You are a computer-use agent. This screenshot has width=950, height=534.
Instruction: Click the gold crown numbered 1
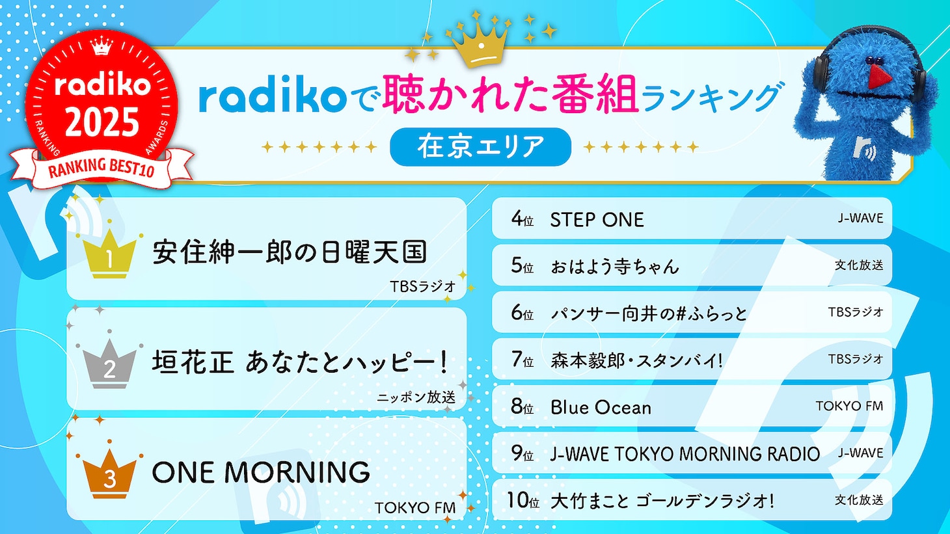109,256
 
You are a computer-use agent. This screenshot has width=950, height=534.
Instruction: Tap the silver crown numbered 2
109,366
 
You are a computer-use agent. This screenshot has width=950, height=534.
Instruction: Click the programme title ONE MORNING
261,472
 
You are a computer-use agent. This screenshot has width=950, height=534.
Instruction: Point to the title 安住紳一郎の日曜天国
290,252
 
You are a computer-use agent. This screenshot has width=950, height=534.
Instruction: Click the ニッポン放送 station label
416,397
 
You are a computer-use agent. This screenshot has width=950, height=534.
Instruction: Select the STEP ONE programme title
597,220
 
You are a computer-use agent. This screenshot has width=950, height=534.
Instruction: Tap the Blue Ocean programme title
601,407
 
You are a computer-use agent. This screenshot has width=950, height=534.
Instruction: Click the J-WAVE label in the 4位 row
860,219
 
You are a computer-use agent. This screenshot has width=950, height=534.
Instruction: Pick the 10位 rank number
522,500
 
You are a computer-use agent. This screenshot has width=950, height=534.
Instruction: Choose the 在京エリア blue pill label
480,147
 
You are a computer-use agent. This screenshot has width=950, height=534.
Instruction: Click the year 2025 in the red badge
102,122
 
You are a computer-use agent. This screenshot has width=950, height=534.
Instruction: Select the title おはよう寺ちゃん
614,267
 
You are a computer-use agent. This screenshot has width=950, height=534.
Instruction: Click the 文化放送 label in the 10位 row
859,500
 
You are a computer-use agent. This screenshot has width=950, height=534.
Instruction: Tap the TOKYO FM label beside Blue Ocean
849,406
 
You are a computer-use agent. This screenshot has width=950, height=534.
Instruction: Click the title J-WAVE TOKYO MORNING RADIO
685,454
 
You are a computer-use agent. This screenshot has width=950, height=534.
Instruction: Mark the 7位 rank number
522,360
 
